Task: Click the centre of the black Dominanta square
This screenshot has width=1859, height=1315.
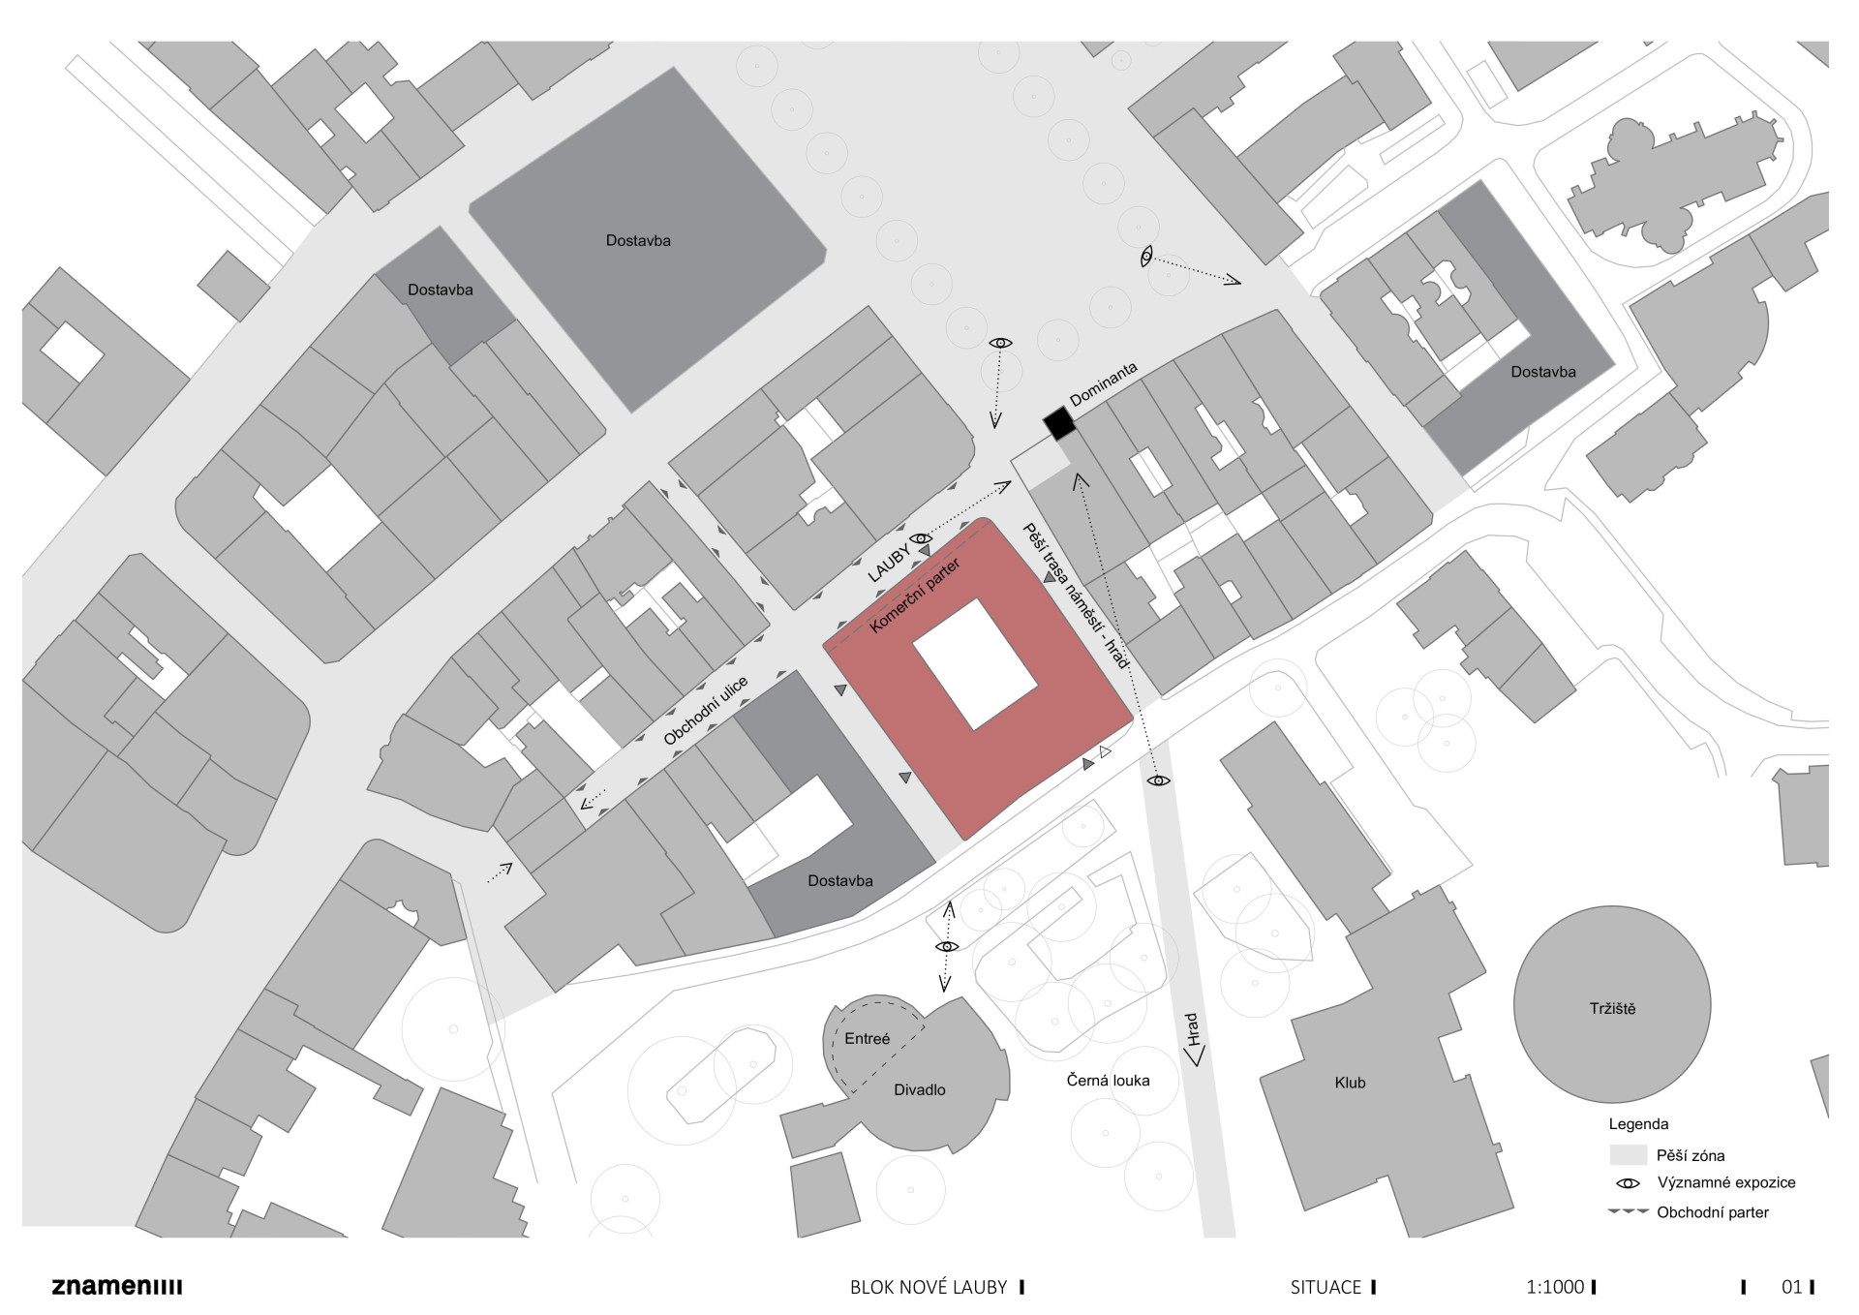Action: pyautogui.click(x=1059, y=423)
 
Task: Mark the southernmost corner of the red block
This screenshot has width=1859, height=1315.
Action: pyautogui.click(x=963, y=840)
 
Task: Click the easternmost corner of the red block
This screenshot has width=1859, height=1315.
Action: pyautogui.click(x=1133, y=719)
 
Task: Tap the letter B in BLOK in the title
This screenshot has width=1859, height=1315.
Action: pyautogui.click(x=856, y=1288)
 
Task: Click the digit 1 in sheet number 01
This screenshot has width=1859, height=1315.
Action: pyautogui.click(x=1798, y=1288)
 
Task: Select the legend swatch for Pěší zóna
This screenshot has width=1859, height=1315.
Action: pyautogui.click(x=1628, y=1154)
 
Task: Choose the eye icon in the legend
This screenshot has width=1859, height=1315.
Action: pyautogui.click(x=1628, y=1183)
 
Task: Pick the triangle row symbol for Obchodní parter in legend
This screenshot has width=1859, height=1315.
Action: pyautogui.click(x=1628, y=1211)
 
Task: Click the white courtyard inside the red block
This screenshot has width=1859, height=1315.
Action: pyautogui.click(x=975, y=664)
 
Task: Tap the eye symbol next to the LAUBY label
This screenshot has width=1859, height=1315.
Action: pyautogui.click(x=920, y=538)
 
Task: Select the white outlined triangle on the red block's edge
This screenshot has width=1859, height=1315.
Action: pyautogui.click(x=1105, y=751)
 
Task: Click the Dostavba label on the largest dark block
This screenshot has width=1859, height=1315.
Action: pyautogui.click(x=638, y=240)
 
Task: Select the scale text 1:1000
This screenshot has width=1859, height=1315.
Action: pyautogui.click(x=1555, y=1288)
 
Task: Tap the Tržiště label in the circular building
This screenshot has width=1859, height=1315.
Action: pyautogui.click(x=1612, y=1008)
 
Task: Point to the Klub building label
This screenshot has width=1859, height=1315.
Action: pyautogui.click(x=1350, y=1083)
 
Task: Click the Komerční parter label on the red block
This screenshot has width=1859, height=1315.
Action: pyautogui.click(x=915, y=596)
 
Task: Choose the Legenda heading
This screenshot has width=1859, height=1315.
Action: pyautogui.click(x=1638, y=1124)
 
